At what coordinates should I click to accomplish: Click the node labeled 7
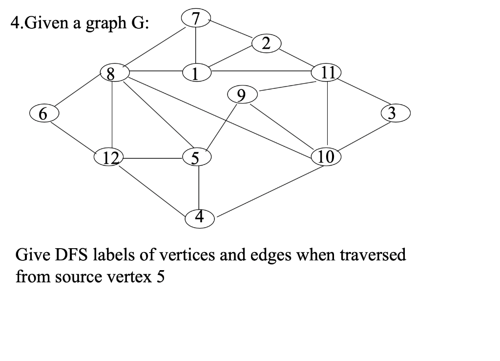click(x=196, y=19)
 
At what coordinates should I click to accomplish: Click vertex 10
click(x=326, y=157)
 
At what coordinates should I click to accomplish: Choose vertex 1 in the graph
click(x=196, y=73)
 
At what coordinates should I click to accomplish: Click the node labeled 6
click(x=43, y=113)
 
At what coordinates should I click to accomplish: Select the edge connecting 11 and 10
click(x=327, y=115)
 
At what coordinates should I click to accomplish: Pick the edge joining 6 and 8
click(x=78, y=92)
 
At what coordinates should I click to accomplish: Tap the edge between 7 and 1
click(x=196, y=46)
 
